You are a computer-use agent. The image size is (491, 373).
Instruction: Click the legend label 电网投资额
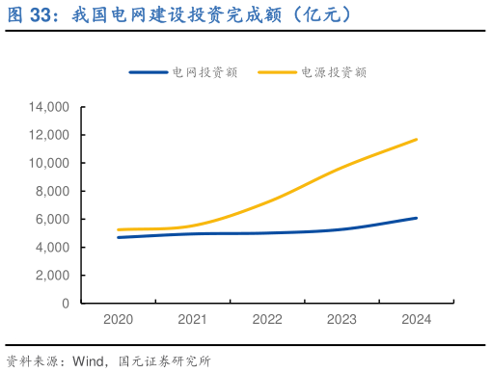[205, 72]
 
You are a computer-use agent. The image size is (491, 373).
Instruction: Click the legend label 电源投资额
[334, 72]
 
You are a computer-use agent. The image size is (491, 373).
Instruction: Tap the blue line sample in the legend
[150, 72]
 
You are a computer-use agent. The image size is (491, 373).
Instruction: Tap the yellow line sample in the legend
[279, 72]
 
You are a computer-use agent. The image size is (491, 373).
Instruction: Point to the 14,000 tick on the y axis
[49, 107]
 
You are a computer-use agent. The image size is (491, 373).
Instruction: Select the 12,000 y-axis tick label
[49, 135]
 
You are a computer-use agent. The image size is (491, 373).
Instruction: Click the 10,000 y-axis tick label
[49, 163]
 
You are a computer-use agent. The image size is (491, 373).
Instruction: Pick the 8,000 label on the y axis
[53, 191]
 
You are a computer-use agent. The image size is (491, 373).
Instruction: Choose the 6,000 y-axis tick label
[53, 219]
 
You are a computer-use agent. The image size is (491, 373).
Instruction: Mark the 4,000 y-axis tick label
[53, 247]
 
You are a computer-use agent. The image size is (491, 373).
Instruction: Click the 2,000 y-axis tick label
[53, 275]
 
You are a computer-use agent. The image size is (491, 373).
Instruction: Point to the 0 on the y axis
[66, 303]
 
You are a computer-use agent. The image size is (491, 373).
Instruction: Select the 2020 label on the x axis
[119, 319]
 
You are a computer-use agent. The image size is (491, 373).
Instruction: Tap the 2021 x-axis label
[193, 319]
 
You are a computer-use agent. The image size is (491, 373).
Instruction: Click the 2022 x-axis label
[267, 319]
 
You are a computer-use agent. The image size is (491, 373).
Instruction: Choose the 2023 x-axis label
[341, 319]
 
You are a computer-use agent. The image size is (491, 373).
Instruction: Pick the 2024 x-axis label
[416, 319]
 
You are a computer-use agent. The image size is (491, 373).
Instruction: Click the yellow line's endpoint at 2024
[416, 140]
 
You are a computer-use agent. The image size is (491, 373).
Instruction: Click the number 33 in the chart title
[42, 15]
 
